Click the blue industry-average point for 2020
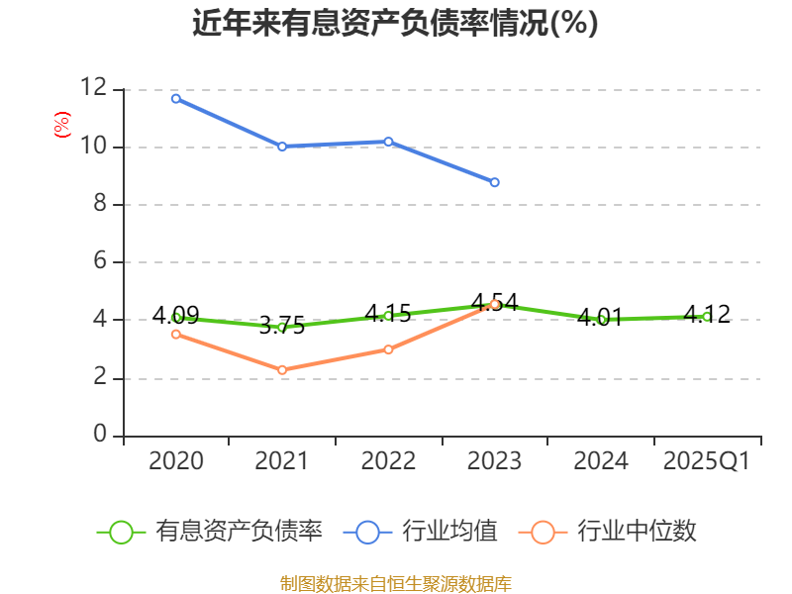point(176,98)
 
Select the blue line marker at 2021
point(282,147)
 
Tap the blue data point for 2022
point(388,142)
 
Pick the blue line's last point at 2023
point(494,182)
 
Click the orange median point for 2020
point(176,334)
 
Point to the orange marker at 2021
point(282,370)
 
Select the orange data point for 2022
point(388,349)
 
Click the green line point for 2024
point(601,320)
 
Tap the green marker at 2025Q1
point(707,317)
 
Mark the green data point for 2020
point(176,318)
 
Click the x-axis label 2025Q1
point(707,461)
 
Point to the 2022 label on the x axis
point(388,461)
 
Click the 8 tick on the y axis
point(99,204)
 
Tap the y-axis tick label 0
point(99,435)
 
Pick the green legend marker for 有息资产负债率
point(121,532)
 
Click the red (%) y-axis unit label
point(61,126)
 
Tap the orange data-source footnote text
point(396,583)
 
